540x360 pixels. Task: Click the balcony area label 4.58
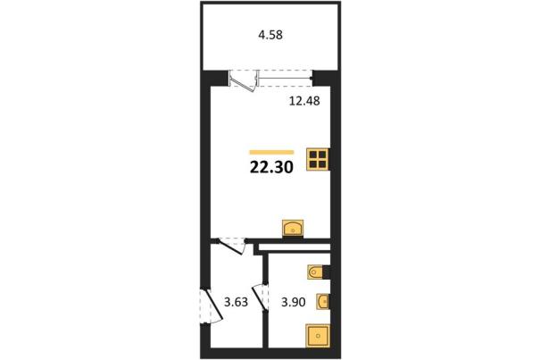click(x=270, y=35)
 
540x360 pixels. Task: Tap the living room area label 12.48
click(x=304, y=101)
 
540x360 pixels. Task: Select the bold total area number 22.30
click(x=271, y=167)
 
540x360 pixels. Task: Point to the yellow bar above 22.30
click(x=271, y=152)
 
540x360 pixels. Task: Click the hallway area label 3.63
click(x=236, y=302)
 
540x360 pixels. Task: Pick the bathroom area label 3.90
click(x=293, y=302)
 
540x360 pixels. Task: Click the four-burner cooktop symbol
click(x=318, y=159)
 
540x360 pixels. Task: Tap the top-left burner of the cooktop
click(x=313, y=155)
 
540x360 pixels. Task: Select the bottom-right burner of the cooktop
click(x=322, y=164)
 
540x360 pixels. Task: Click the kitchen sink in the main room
click(x=293, y=228)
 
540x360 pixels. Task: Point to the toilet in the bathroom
click(x=315, y=272)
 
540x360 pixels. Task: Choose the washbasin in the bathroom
click(x=323, y=303)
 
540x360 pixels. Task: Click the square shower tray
click(x=318, y=336)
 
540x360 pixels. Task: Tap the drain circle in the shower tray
click(x=319, y=336)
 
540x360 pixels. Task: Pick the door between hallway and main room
click(x=231, y=247)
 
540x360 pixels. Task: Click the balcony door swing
click(x=244, y=81)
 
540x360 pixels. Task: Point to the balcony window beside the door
click(x=285, y=79)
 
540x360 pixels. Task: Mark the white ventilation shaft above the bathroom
click(x=295, y=247)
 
